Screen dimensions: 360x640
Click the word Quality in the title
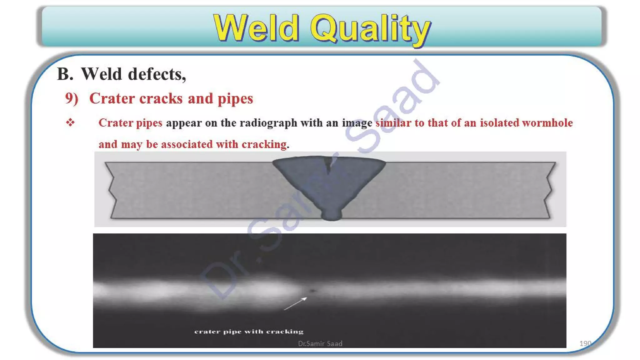click(x=370, y=29)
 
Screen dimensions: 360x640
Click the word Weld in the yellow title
click(x=256, y=28)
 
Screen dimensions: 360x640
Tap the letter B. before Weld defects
click(x=65, y=74)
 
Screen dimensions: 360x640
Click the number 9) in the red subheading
click(x=72, y=98)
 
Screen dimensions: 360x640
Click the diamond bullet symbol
click(x=70, y=122)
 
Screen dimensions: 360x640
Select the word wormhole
click(x=547, y=123)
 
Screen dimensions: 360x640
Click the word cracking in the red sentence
click(x=264, y=144)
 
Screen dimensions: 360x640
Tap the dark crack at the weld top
click(x=328, y=165)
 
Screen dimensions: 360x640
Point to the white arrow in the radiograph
click(x=295, y=304)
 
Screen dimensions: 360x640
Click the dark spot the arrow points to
click(x=312, y=291)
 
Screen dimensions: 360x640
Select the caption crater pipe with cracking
click(x=249, y=332)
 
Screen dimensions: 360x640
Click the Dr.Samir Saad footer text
click(x=320, y=344)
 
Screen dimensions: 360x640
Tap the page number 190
click(x=585, y=343)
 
